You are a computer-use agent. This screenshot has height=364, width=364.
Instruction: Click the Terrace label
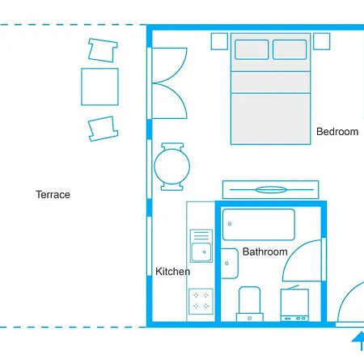pos(53,194)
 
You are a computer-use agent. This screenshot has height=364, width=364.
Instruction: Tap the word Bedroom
pos(336,132)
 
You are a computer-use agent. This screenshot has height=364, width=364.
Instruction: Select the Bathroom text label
pos(265,252)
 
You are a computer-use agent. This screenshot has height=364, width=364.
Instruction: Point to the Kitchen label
pos(172,271)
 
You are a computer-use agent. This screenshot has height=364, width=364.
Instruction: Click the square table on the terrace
pos(99,87)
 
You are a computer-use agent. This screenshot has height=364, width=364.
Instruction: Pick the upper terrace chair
pos(101,51)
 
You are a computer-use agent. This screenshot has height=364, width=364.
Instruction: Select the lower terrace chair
pos(103,127)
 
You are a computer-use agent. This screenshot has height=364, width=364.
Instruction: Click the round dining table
pos(172,167)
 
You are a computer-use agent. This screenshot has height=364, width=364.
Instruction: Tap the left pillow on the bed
pos(251,49)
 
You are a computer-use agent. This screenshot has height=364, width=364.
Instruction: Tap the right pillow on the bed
pos(290,49)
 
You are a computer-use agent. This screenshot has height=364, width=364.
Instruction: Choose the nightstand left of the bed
pos(218,40)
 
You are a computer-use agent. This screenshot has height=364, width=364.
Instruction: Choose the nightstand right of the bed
pos(322,40)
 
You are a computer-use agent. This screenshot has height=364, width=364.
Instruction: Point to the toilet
pos(250,303)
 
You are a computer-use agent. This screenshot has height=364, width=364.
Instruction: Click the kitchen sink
pos(200,252)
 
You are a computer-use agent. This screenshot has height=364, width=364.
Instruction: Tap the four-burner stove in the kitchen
pos(200,302)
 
